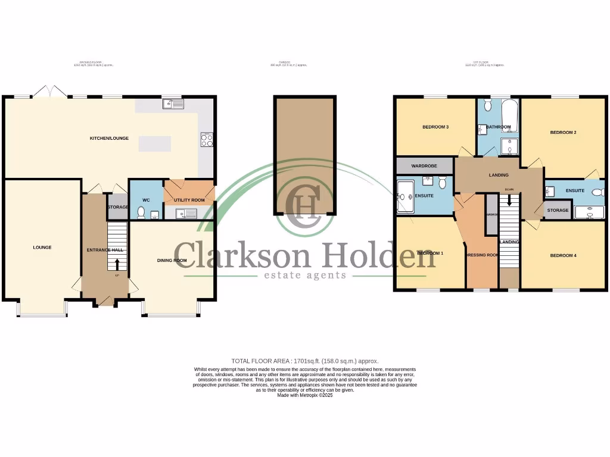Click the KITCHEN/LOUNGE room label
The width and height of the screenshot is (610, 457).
[x=109, y=138]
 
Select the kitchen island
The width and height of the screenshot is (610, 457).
[x=154, y=144]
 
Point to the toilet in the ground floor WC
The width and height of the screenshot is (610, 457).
[x=141, y=212]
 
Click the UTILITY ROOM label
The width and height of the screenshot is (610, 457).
[x=189, y=200]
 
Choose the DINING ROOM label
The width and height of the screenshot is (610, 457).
[x=172, y=261]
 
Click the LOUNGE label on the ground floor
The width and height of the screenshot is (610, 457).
[x=42, y=248]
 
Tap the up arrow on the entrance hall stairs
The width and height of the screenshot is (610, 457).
[x=117, y=264]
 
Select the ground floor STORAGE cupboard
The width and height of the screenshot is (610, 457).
[x=118, y=207]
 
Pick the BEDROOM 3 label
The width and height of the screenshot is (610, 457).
[x=435, y=127]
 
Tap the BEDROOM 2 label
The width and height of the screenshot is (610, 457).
[x=563, y=132]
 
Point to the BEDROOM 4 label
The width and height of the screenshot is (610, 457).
[x=563, y=256]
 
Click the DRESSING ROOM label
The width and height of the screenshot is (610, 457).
[x=482, y=255]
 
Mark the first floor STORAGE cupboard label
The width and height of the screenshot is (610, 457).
[x=558, y=210]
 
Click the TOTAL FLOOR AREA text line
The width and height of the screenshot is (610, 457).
[x=304, y=361]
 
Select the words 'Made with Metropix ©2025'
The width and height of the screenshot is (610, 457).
[x=304, y=395]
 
